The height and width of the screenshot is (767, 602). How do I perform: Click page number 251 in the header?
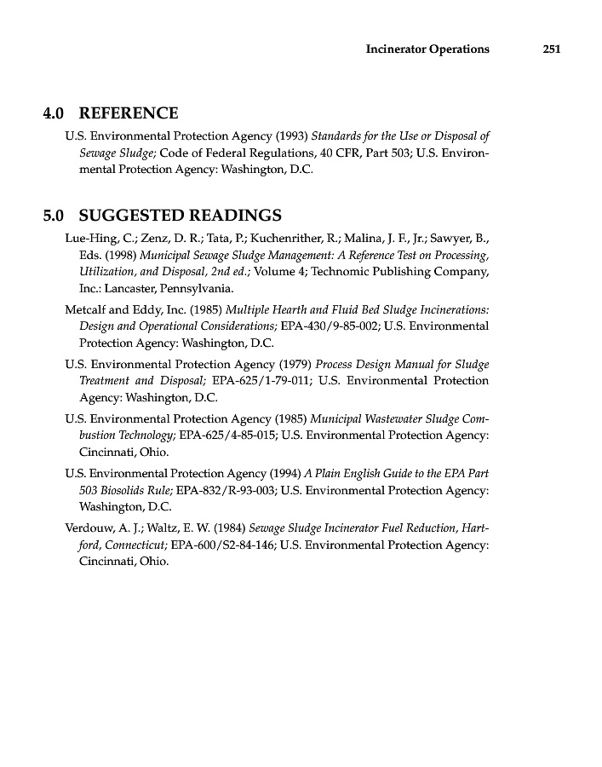pos(551,49)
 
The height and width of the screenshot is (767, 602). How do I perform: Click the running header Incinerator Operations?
pos(427,49)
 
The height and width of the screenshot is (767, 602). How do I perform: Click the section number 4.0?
pos(55,113)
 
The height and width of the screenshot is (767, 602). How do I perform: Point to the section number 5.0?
pos(55,215)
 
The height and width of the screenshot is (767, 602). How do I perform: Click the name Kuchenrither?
pos(293,238)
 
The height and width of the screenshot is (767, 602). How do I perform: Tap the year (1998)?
pos(120,255)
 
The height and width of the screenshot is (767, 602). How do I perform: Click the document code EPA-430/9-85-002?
pos(330,326)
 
